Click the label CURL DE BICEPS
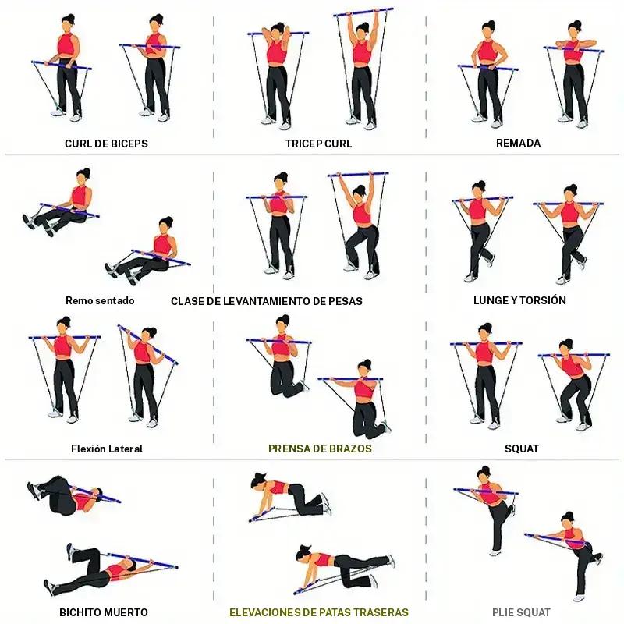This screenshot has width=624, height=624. [106, 144]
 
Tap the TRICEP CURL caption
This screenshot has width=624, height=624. [318, 144]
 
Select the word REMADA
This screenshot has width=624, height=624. [518, 143]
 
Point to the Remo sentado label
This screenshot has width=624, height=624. [100, 300]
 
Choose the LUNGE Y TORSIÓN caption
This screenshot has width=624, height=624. [519, 300]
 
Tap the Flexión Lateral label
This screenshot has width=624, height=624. [107, 448]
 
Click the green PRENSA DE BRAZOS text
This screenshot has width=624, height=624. [320, 448]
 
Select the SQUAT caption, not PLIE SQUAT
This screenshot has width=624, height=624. [522, 448]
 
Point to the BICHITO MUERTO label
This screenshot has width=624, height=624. [104, 612]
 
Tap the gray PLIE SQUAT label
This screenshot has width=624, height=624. [521, 612]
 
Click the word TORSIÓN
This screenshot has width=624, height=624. [543, 300]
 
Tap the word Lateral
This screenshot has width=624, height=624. [125, 448]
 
